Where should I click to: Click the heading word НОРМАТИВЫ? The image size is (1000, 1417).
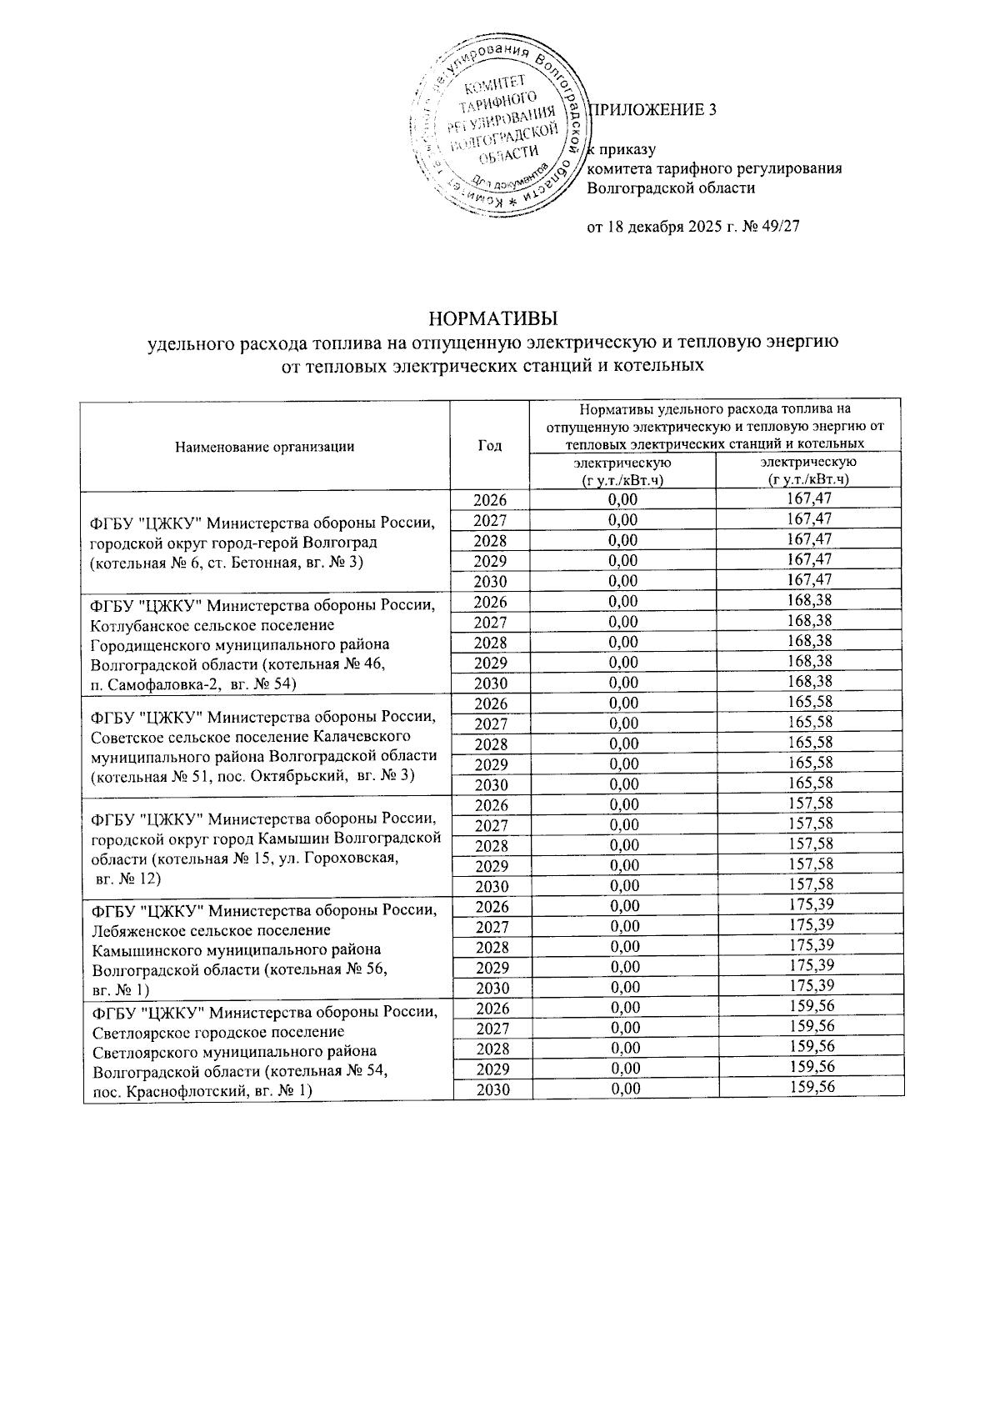(x=491, y=319)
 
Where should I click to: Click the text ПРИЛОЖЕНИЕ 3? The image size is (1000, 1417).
(x=652, y=110)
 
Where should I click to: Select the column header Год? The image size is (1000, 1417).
(x=490, y=446)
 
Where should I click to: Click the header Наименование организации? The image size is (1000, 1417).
(x=265, y=446)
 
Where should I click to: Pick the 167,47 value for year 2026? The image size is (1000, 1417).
(x=808, y=499)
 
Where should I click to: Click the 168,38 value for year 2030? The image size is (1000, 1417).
(x=808, y=682)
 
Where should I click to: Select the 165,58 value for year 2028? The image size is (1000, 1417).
(x=808, y=743)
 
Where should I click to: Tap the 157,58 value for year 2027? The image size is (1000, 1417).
(x=808, y=824)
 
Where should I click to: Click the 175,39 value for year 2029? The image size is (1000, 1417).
(x=808, y=966)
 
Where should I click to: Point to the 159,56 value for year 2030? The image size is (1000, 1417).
(x=808, y=1088)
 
